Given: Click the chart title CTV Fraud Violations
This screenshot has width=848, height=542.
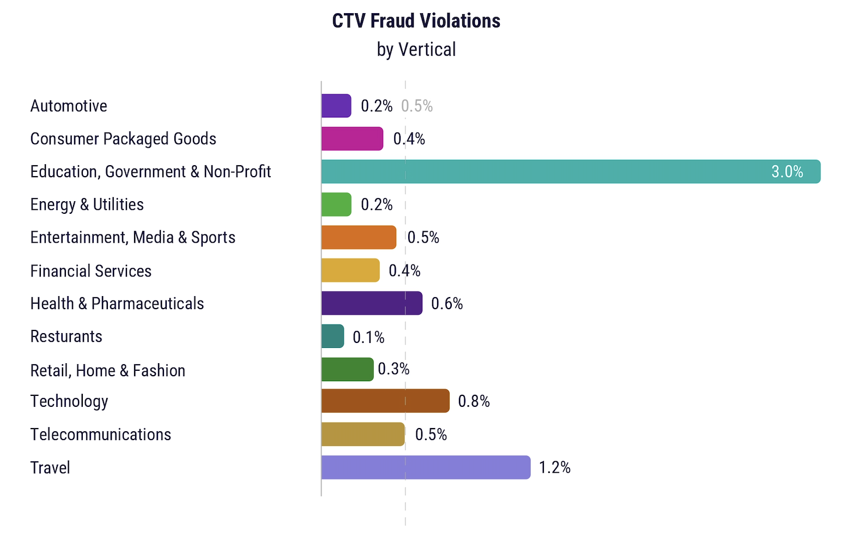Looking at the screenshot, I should click(416, 21).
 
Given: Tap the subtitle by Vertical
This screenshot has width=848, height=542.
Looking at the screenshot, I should click(416, 50).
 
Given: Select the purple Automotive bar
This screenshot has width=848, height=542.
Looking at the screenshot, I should click(336, 106).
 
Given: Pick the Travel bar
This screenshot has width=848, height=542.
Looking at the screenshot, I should click(426, 467).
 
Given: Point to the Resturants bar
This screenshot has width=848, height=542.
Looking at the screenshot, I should click(332, 336).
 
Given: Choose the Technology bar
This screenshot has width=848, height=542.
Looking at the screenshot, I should click(385, 401).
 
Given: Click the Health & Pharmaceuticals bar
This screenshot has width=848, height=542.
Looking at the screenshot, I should click(372, 303).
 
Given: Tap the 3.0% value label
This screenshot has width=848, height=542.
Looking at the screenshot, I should click(787, 172).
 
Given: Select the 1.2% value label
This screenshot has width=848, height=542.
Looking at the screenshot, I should click(555, 467).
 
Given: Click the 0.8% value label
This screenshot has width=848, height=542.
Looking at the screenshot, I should click(474, 401).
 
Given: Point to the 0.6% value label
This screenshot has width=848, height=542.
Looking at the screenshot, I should click(447, 304).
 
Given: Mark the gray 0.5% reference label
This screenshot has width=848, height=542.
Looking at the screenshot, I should click(417, 106).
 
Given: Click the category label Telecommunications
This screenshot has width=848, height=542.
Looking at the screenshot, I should click(101, 435).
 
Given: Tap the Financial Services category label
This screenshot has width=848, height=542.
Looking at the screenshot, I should click(91, 271).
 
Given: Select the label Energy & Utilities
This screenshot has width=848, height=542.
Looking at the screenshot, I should click(87, 204).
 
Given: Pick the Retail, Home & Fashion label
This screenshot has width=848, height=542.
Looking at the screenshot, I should click(108, 371).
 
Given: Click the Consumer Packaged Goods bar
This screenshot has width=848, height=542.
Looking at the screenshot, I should click(352, 138).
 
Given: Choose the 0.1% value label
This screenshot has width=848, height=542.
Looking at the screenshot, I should click(368, 337).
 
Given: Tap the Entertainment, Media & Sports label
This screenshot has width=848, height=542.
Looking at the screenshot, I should click(133, 238).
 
